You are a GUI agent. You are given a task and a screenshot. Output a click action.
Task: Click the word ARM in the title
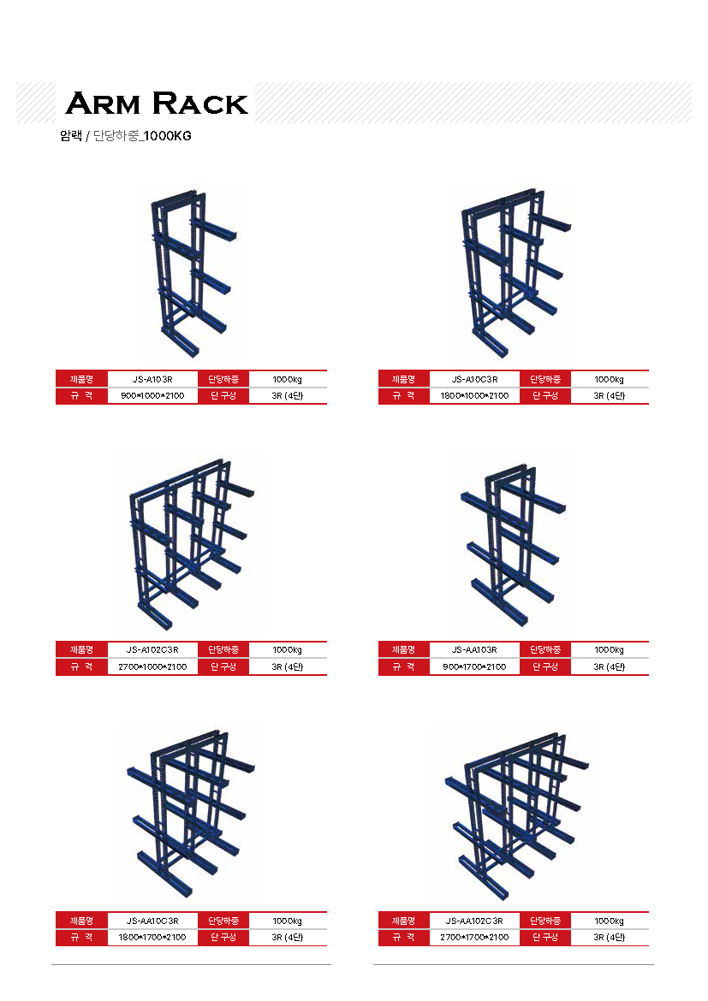click(x=103, y=104)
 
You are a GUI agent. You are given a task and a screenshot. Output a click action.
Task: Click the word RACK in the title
click(x=200, y=104)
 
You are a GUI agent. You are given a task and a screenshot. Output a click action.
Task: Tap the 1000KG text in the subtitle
click(x=168, y=136)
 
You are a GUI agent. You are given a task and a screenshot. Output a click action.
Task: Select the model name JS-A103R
click(x=152, y=379)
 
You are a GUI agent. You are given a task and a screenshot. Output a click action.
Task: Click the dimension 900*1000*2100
click(x=152, y=396)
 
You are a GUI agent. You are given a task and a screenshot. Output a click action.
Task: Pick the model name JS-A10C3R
click(x=475, y=379)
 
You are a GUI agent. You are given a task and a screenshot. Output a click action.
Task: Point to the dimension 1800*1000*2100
click(x=475, y=396)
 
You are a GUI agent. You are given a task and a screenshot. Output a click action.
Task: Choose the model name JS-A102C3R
click(x=152, y=650)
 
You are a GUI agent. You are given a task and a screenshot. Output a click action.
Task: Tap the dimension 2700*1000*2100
click(x=152, y=667)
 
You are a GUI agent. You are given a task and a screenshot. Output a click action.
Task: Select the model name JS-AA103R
click(x=475, y=650)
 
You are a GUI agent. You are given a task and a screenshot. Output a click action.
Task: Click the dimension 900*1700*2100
click(x=475, y=667)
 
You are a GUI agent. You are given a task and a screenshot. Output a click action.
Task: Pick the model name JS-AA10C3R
click(x=152, y=921)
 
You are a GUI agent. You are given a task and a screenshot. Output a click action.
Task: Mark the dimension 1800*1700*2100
click(x=152, y=938)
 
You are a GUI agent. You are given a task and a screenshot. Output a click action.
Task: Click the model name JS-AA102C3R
click(x=475, y=921)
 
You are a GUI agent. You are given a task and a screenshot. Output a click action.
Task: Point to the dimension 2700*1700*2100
click(x=475, y=938)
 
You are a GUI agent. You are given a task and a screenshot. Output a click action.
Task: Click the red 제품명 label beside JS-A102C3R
click(x=82, y=650)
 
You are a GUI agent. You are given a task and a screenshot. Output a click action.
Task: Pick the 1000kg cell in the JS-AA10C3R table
click(x=288, y=921)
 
